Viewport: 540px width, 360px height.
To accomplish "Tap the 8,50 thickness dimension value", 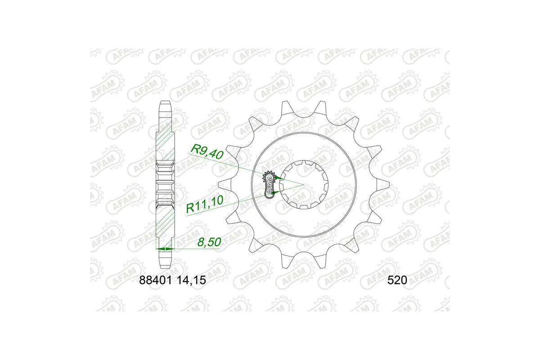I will click(x=209, y=243).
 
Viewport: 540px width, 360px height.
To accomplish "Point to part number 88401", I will click(x=154, y=280).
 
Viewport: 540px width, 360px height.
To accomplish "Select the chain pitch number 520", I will click(x=397, y=280).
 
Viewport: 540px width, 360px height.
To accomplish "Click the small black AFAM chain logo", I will click(x=269, y=184).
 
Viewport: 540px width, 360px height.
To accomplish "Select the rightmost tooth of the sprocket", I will click(x=386, y=184).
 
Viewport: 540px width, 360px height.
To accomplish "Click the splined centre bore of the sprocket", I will click(x=304, y=184).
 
